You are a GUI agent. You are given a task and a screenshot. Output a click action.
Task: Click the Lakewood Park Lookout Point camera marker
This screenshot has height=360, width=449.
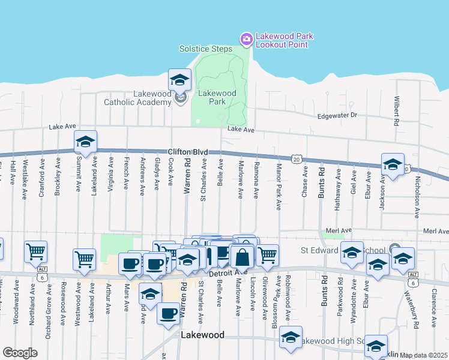[246, 40]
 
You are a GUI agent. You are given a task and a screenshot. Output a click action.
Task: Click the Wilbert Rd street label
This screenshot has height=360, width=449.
[397, 111]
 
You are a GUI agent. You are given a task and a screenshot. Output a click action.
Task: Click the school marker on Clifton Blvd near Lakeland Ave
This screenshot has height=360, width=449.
[85, 143]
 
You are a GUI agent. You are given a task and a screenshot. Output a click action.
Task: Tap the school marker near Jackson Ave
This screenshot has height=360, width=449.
[393, 165]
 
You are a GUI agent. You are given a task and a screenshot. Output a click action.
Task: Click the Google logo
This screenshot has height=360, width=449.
[20, 353]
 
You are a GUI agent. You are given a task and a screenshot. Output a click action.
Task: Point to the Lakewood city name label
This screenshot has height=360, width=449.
[203, 335]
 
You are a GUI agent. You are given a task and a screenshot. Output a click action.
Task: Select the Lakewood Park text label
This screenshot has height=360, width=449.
[217, 97]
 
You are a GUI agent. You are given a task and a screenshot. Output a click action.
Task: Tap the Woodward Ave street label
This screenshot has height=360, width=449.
[15, 310]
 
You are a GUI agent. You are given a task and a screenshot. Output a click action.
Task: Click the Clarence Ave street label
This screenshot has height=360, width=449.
[433, 307]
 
